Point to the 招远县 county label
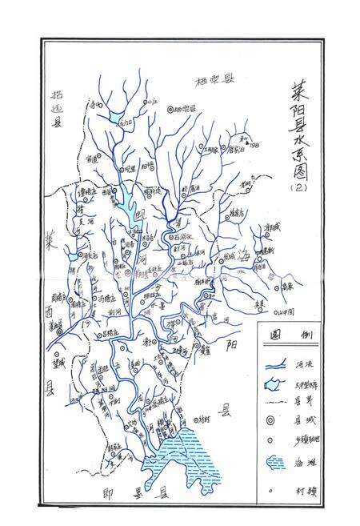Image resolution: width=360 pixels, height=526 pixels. click(x=57, y=104)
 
